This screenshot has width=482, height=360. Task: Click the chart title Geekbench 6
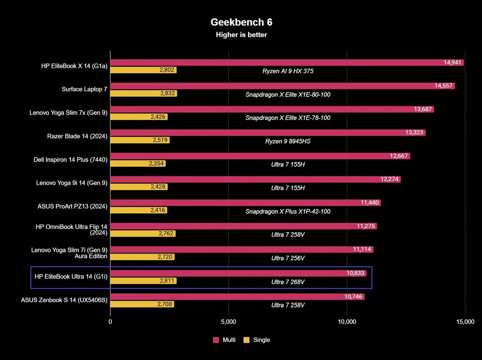[x=241, y=22]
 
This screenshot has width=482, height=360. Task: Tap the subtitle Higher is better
[x=241, y=35]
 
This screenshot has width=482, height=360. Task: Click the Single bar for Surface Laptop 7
[x=137, y=94]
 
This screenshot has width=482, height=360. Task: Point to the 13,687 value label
[x=423, y=110]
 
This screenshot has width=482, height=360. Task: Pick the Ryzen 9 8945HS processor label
[x=288, y=141]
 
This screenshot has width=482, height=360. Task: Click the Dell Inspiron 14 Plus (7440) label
[x=71, y=160]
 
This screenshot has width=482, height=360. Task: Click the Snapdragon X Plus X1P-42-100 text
[x=288, y=211]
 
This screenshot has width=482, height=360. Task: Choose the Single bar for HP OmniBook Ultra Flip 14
[x=137, y=233]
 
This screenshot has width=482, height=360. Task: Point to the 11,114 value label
[x=363, y=250]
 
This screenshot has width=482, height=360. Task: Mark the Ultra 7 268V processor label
[x=288, y=282]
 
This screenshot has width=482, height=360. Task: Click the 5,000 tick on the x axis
[x=229, y=321]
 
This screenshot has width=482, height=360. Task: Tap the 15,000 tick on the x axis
[x=465, y=321]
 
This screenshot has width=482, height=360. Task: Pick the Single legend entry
[x=257, y=340]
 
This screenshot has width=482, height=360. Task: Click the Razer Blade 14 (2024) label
[x=77, y=136]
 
